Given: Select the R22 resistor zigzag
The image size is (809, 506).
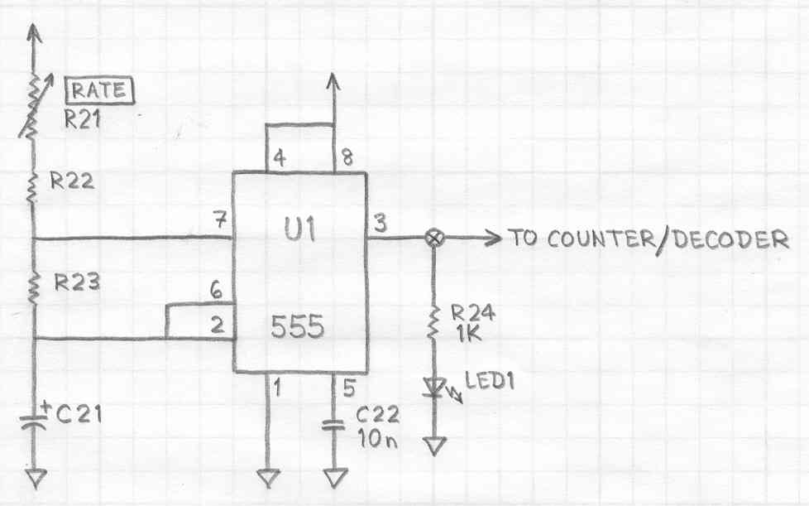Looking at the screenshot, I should coord(34,187).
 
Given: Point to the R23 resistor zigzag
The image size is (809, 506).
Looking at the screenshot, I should coord(34,287).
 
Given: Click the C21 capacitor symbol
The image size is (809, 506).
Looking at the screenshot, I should coord(34,419).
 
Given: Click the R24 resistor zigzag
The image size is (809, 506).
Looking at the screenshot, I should coord(433,324).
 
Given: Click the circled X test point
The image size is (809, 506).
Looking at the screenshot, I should coord(433,239).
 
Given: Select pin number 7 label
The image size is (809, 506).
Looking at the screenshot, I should coord(218,221).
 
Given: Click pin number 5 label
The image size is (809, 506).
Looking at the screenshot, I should coord(347,385).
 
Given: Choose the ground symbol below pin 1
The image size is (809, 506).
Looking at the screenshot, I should coord(267,478).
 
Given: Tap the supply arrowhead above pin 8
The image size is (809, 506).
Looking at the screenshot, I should coord(333,80).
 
